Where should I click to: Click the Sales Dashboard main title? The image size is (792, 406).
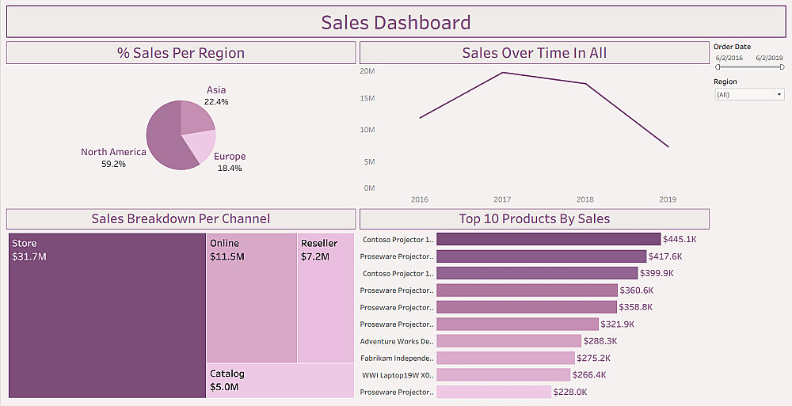click(395, 23)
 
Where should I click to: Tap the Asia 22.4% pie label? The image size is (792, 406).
click(216, 96)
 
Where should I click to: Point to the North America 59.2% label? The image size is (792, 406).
click(113, 157)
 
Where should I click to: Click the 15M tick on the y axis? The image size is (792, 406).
click(367, 99)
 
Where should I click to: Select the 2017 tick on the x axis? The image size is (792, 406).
click(502, 199)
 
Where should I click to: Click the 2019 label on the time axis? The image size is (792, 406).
click(668, 199)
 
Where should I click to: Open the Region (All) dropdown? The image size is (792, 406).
click(748, 94)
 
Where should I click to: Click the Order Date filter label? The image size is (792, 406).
click(733, 47)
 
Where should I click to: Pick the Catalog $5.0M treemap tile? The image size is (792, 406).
click(280, 381)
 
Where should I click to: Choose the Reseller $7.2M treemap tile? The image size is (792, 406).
click(326, 298)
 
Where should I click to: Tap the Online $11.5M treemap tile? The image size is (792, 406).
click(252, 298)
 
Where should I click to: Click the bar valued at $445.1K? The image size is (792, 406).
click(548, 239)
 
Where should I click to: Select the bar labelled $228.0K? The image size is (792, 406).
click(493, 392)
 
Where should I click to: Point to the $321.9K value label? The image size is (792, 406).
click(618, 324)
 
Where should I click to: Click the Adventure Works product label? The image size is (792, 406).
click(397, 342)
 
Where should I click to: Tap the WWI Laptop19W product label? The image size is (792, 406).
click(397, 375)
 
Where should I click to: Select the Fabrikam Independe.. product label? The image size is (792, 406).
click(397, 359)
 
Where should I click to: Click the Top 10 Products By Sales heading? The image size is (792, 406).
click(535, 219)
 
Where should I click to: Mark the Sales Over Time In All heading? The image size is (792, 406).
click(535, 53)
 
